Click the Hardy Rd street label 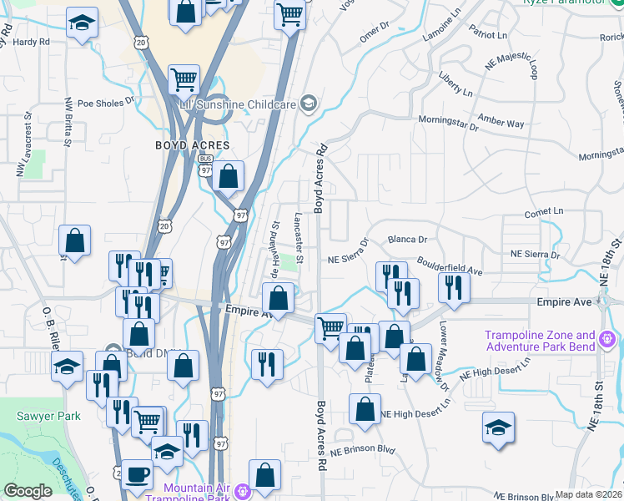(32, 41)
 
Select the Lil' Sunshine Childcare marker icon (308, 104)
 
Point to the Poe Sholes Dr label (105, 104)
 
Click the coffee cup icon (137, 473)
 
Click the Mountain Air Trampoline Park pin (243, 488)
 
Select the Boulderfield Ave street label (450, 266)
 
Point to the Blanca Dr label (407, 239)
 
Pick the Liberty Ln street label (455, 83)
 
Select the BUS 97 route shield (205, 165)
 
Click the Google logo (28, 492)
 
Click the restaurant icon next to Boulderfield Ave (454, 288)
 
